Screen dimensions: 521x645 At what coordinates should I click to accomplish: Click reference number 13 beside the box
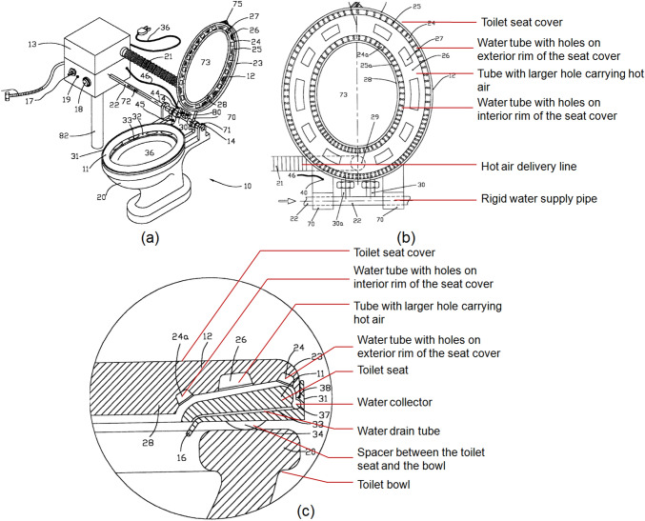pos(31,43)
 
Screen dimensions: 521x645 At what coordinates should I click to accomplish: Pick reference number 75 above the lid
pos(236,6)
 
